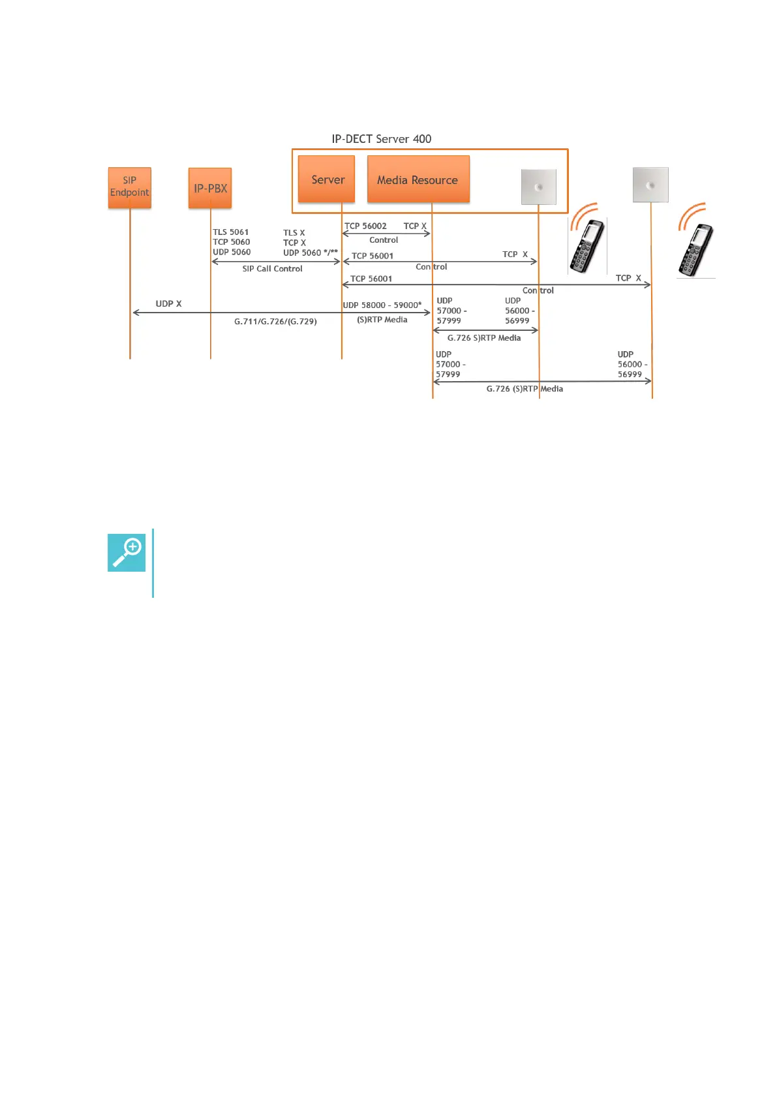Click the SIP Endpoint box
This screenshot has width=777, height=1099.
coord(129,187)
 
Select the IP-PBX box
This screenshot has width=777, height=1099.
coord(210,188)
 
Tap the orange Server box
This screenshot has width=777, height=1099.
coord(327,179)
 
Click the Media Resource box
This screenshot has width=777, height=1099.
coord(418,179)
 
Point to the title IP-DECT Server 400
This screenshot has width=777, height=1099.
coord(381,139)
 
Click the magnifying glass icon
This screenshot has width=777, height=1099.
coord(127,552)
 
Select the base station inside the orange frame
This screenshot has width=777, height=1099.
coord(538,187)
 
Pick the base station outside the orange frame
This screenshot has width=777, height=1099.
coord(650,185)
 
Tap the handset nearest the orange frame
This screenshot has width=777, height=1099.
coord(587,245)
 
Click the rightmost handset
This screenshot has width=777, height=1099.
coord(695,249)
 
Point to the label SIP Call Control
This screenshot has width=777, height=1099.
coord(272,269)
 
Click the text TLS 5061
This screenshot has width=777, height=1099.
coord(230,232)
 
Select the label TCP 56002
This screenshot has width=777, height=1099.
coord(365,226)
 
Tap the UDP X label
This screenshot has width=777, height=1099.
coord(168,304)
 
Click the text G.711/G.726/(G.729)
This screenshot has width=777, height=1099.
coord(275,322)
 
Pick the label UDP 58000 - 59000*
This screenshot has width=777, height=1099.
coord(382,305)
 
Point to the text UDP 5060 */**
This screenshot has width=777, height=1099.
coord(311,253)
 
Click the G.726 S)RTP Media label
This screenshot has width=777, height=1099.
coord(483,338)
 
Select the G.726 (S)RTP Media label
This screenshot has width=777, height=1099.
coord(525,389)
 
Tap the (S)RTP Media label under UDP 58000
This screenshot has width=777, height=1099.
coord(382,320)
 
